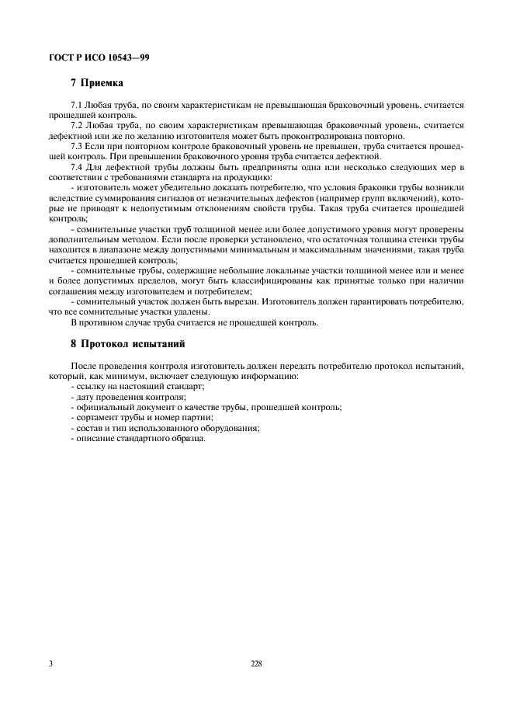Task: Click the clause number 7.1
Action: pyautogui.click(x=77, y=103)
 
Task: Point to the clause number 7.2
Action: pyautogui.click(x=77, y=124)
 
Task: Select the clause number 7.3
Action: pyautogui.click(x=77, y=145)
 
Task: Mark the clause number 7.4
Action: pyautogui.click(x=77, y=166)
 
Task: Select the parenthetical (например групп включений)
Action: pyautogui.click(x=370, y=198)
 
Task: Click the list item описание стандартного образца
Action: pyautogui.click(x=140, y=438)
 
